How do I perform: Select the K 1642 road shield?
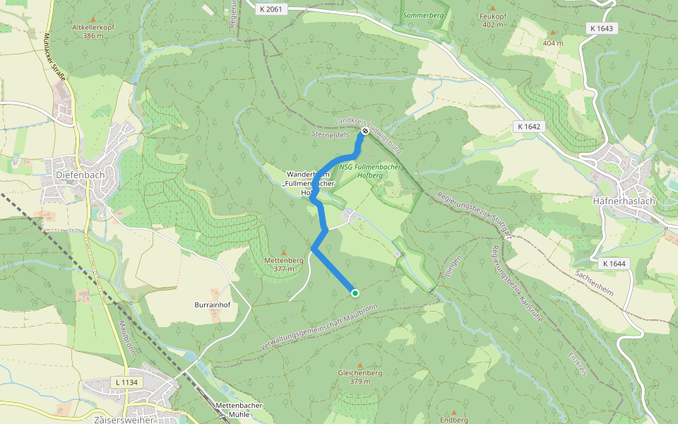tap(528, 126)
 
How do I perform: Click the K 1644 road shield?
tap(614, 263)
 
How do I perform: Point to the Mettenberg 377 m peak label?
tap(283, 264)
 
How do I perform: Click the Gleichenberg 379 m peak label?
tap(360, 376)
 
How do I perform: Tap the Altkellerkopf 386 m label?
tap(93, 31)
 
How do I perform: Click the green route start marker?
tap(355, 293)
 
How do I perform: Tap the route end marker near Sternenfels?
tap(365, 131)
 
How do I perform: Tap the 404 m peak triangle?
tap(552, 33)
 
